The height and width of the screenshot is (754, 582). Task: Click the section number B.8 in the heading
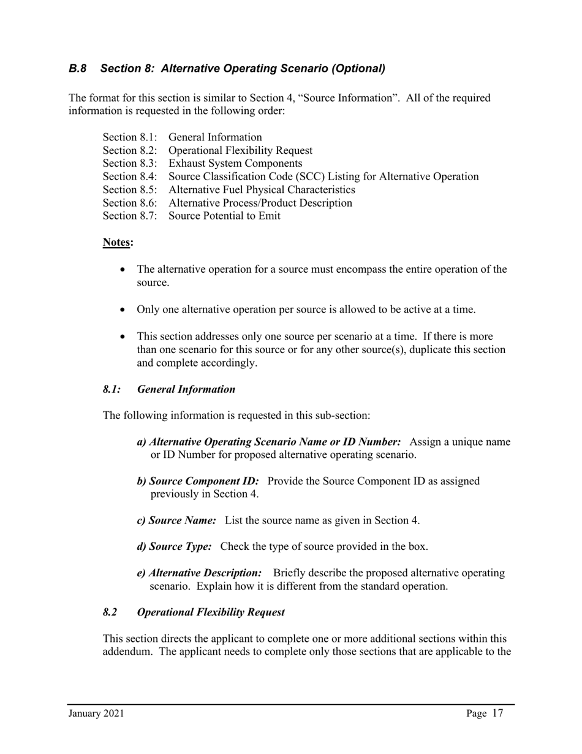point(78,69)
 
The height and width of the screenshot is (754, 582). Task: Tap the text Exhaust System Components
point(235,164)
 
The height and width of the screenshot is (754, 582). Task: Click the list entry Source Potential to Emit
point(224,216)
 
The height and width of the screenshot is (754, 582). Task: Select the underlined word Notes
point(116,242)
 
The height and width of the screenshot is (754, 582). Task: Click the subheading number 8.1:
point(111,389)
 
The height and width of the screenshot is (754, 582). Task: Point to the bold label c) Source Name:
point(176,520)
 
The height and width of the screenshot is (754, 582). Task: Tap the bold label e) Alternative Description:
point(200,573)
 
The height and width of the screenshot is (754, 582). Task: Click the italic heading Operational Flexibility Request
point(211,612)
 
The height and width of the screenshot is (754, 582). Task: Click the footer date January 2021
point(96,714)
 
